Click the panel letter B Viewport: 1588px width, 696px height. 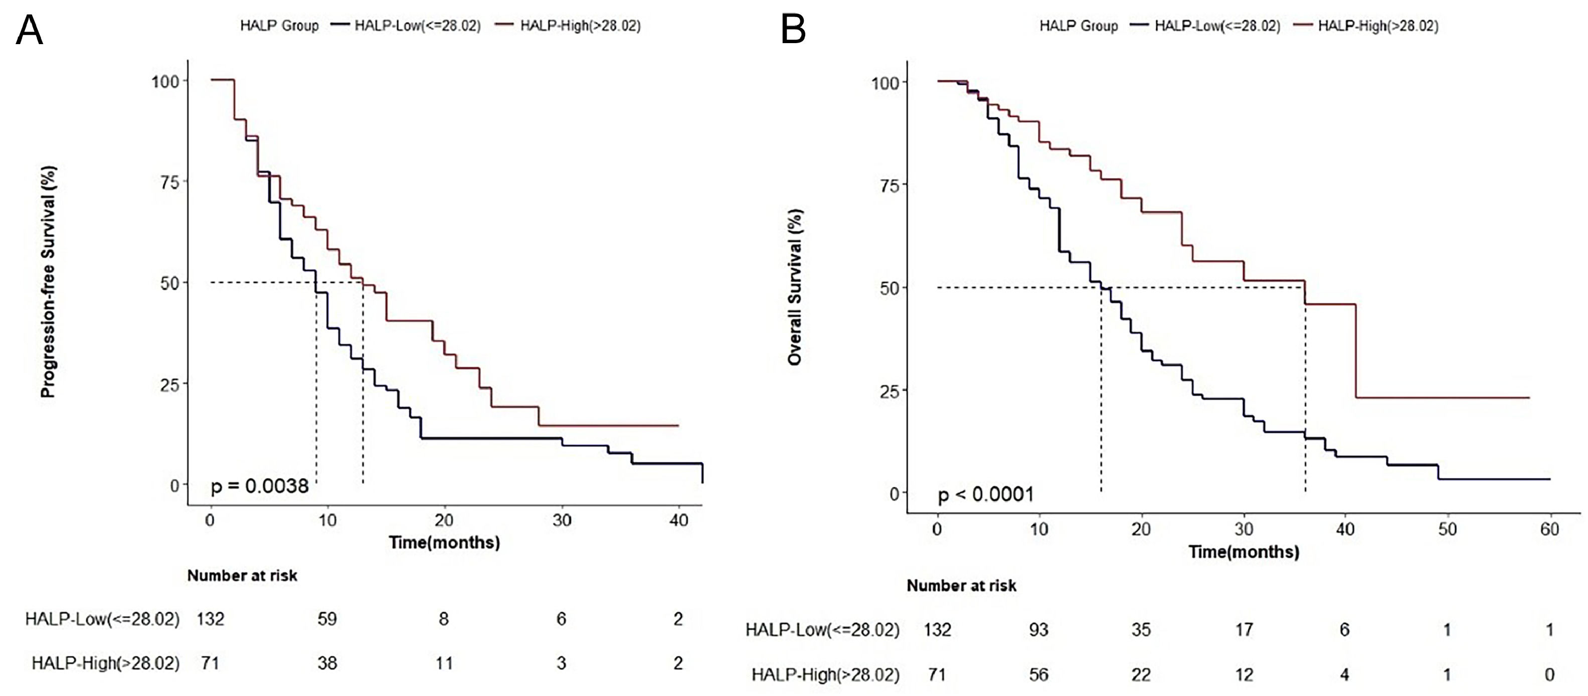pyautogui.click(x=793, y=30)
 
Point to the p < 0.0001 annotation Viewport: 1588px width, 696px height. pyautogui.click(x=985, y=494)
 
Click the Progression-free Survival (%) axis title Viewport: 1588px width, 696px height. pyautogui.click(x=49, y=282)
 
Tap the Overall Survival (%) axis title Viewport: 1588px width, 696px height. pyautogui.click(x=795, y=287)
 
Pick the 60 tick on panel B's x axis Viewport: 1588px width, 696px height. pyautogui.click(x=1549, y=529)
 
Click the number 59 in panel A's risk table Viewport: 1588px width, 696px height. pyautogui.click(x=327, y=619)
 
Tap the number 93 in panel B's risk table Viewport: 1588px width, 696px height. pyautogui.click(x=1039, y=629)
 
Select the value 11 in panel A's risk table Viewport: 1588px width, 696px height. pyautogui.click(x=444, y=663)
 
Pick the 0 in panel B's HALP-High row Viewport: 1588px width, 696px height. pyautogui.click(x=1549, y=674)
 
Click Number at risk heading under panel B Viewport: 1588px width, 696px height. pyautogui.click(x=961, y=586)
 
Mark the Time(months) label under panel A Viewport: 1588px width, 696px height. pyautogui.click(x=444, y=543)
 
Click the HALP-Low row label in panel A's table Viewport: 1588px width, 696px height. pyautogui.click(x=102, y=619)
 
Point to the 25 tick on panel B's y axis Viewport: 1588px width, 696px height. pyautogui.click(x=889, y=391)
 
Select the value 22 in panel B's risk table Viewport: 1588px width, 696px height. pyautogui.click(x=1141, y=674)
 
